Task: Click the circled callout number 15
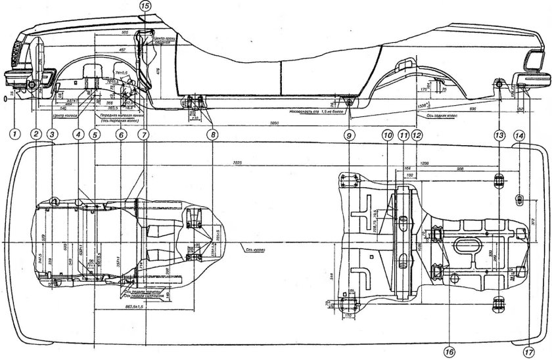click(145, 5)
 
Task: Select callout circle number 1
click(12, 135)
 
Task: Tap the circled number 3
click(53, 135)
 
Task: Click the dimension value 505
click(125, 32)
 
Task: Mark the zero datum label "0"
click(5, 99)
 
